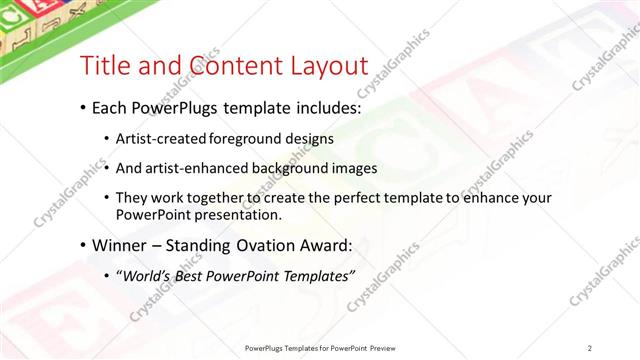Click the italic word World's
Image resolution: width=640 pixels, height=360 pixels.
click(x=146, y=275)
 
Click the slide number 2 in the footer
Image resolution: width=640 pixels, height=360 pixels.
click(x=590, y=348)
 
